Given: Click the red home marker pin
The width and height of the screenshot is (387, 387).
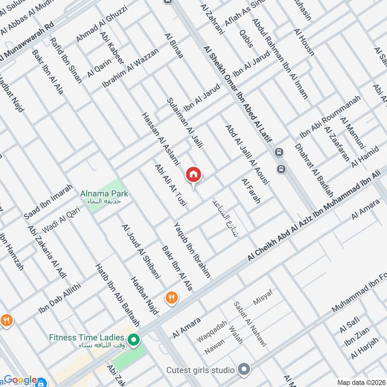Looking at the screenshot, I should pos(193,175).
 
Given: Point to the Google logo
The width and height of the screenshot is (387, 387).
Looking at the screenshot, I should pos(20,380).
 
